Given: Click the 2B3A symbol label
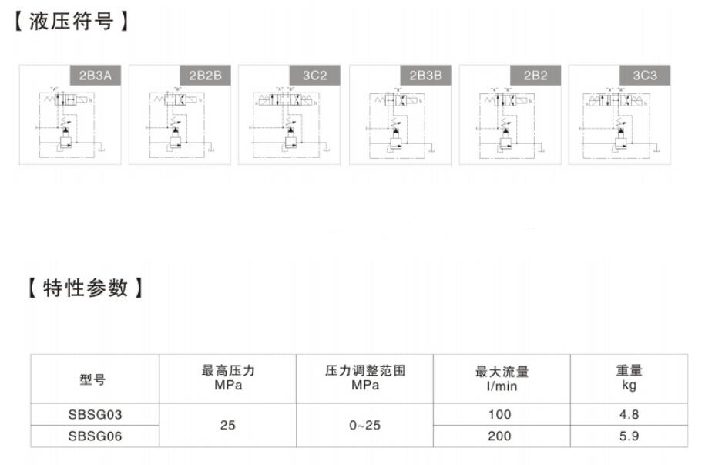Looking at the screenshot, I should tap(96, 76).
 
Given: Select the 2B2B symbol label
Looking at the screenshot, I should tap(205, 76).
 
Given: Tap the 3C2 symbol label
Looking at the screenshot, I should tap(314, 76).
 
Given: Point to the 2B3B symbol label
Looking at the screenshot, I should tap(425, 76).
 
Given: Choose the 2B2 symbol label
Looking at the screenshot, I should tap(535, 76).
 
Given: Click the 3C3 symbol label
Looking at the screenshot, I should tap(645, 76).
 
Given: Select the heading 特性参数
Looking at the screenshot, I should tap(85, 288).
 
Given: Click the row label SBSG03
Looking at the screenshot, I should tap(95, 414).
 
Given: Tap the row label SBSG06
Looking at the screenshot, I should tap(95, 436).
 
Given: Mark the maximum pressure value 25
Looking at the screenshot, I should tap(227, 425).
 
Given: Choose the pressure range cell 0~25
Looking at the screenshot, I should tap(364, 425).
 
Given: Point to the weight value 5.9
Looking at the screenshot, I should tap(629, 436).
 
